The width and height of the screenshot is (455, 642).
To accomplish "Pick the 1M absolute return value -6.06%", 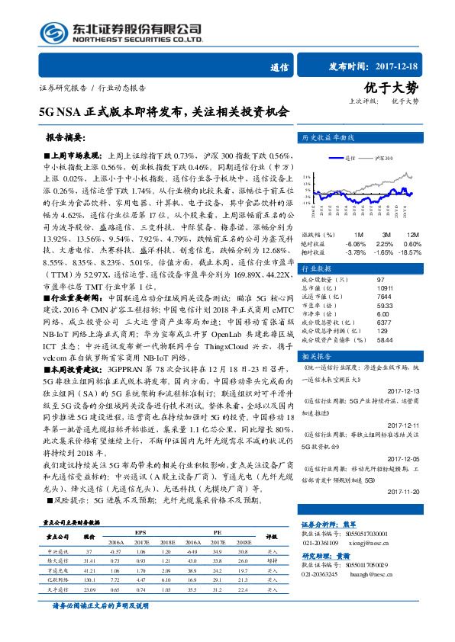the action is coord(356,242).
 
